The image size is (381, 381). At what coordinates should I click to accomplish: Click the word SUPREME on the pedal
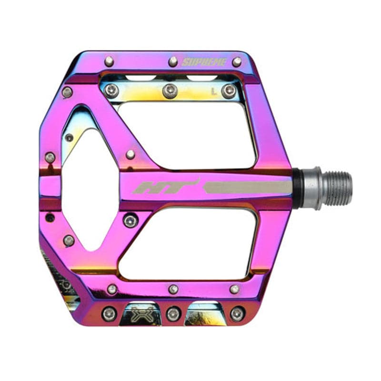tap(204, 62)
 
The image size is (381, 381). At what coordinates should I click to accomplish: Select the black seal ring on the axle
tap(297, 188)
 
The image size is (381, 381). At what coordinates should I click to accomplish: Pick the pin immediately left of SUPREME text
tap(173, 61)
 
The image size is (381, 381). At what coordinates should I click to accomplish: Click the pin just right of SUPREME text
tap(237, 61)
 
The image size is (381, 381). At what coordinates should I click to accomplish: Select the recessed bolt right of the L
tap(229, 91)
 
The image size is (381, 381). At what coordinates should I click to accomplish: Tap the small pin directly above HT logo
tap(130, 154)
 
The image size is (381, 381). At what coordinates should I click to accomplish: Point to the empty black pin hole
tap(50, 218)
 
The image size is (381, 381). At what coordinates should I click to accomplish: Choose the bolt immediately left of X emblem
tap(109, 313)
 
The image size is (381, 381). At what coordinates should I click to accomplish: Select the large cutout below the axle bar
tap(190, 243)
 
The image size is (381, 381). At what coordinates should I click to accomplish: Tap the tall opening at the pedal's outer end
tap(88, 190)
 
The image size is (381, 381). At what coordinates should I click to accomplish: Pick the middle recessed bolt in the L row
tap(170, 90)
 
